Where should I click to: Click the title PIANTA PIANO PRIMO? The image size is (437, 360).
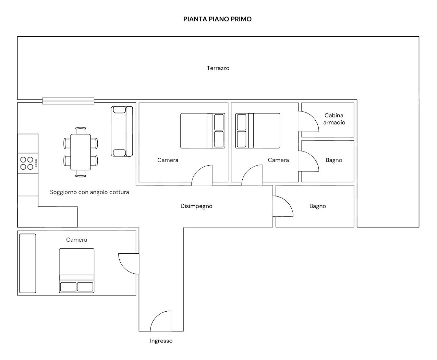[x=217, y=19]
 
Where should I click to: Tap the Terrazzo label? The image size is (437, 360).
[x=218, y=68]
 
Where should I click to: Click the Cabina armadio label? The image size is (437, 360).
[x=334, y=119]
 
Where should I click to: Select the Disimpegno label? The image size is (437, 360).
[x=196, y=206]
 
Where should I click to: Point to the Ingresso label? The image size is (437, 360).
[x=161, y=341]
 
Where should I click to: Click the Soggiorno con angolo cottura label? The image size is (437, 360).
[x=89, y=192]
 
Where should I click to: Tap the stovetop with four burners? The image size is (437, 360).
[x=28, y=163]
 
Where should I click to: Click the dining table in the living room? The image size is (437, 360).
[x=81, y=152]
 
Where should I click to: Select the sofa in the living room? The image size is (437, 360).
[x=122, y=131]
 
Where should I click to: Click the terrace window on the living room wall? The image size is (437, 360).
[x=68, y=101]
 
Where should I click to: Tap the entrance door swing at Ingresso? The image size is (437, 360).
[x=161, y=321]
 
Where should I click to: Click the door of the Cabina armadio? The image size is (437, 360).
[x=308, y=121]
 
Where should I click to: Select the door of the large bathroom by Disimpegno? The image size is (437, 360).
[x=283, y=206]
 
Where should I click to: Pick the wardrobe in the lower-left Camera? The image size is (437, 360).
[x=28, y=263]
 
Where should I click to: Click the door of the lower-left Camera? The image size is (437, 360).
[x=129, y=264]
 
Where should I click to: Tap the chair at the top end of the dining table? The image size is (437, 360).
[x=81, y=131]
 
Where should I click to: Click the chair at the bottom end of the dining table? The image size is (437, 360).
[x=81, y=173]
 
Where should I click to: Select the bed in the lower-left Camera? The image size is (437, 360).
[x=76, y=271]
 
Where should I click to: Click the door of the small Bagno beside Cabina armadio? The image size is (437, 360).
[x=308, y=161]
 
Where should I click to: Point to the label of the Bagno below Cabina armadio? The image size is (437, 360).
[x=334, y=160]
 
